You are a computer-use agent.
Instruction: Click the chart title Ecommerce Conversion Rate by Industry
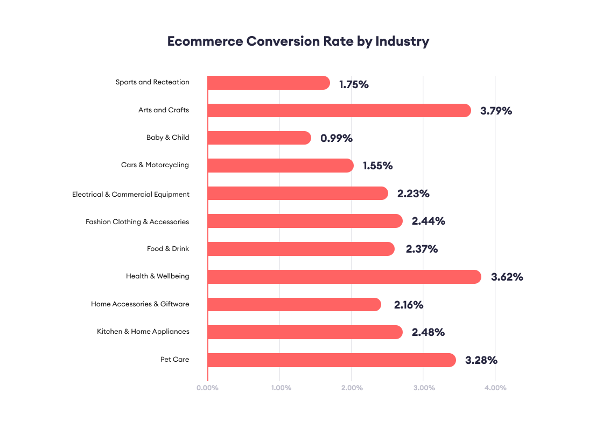click(298, 41)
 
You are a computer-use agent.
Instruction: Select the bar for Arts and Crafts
click(339, 110)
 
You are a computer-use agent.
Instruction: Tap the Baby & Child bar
click(259, 138)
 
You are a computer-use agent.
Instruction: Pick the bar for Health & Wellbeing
click(344, 277)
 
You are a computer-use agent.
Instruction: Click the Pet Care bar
click(332, 360)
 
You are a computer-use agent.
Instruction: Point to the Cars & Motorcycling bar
click(281, 166)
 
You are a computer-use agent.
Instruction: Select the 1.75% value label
click(354, 84)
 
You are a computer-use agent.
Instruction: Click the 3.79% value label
click(496, 111)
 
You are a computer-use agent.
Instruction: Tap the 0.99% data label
click(336, 138)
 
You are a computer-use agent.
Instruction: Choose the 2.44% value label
click(429, 221)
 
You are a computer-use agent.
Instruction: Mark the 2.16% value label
click(409, 305)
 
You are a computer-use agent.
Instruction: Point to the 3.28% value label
click(481, 360)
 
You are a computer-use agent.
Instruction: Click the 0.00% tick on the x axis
click(207, 388)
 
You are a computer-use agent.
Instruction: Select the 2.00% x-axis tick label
click(352, 388)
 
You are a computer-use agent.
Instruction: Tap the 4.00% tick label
click(495, 388)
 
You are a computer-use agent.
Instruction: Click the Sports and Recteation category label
click(152, 82)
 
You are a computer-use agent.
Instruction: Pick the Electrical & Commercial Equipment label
click(131, 194)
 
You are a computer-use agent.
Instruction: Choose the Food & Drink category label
click(168, 249)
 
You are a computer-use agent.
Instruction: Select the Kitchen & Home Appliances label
click(143, 332)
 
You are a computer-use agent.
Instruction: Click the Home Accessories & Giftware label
click(140, 304)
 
